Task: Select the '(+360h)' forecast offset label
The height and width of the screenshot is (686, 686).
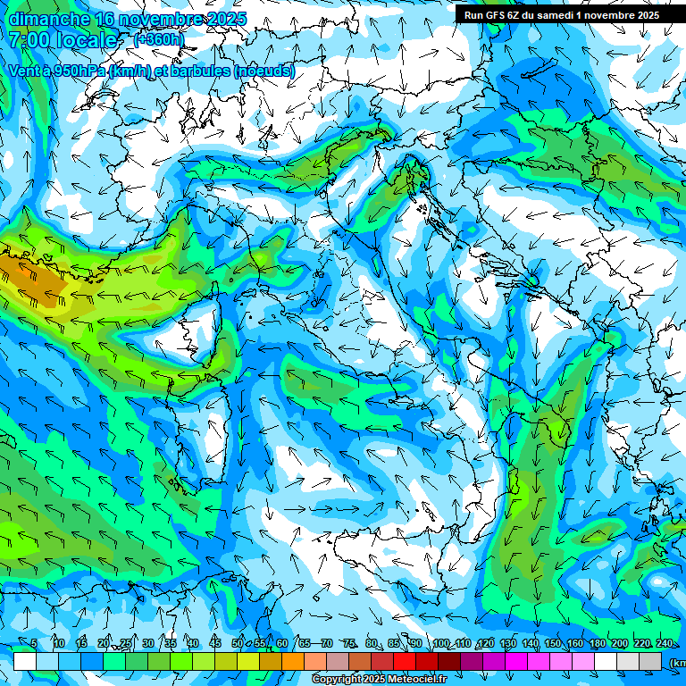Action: [x=159, y=39]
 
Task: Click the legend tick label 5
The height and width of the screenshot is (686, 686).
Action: [x=34, y=643]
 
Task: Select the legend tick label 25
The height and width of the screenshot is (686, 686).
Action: [x=126, y=643]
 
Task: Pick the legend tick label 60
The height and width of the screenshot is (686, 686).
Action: [x=282, y=643]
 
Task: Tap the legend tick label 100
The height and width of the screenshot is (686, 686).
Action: [x=440, y=643]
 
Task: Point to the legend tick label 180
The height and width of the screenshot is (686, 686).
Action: [x=597, y=643]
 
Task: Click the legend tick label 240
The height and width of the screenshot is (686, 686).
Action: [x=664, y=643]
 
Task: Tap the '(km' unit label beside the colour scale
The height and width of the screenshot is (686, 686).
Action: [x=677, y=663]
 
